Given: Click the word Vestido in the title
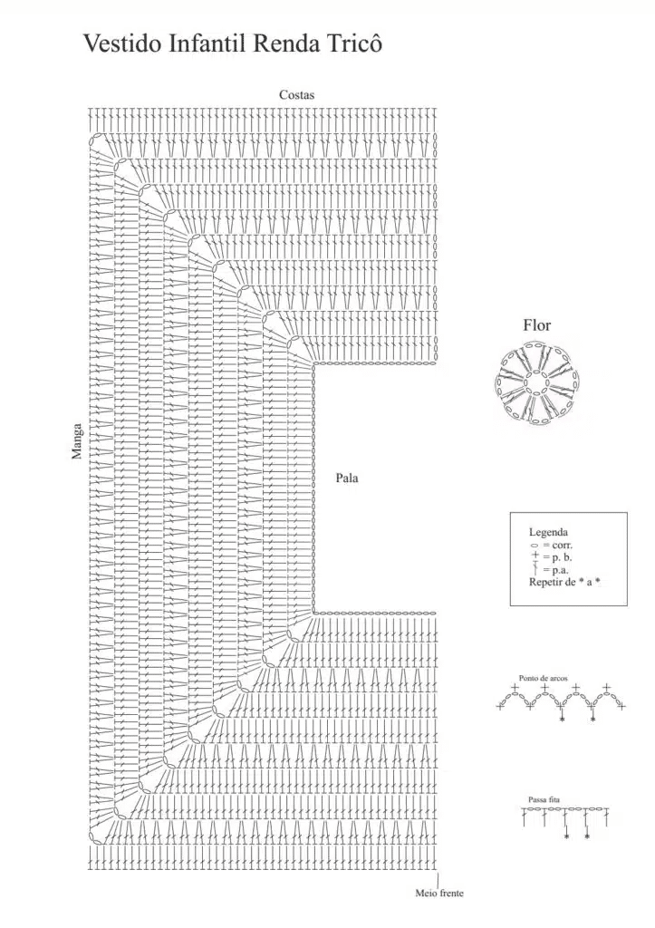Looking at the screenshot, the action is [122, 43].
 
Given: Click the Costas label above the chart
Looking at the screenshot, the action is [297, 94].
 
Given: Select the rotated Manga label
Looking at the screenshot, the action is [77, 441].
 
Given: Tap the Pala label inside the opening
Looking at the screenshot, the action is [347, 478].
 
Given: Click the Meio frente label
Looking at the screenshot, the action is [439, 893].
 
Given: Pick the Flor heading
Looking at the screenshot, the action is [536, 325].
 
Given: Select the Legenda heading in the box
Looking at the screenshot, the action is [548, 532].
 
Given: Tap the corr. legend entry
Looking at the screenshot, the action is [552, 545].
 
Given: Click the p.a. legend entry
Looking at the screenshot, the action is [550, 570].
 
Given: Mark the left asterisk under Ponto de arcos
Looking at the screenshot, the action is [562, 719].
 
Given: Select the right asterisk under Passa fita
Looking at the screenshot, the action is [587, 836].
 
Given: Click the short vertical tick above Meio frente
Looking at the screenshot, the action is [438, 879].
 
